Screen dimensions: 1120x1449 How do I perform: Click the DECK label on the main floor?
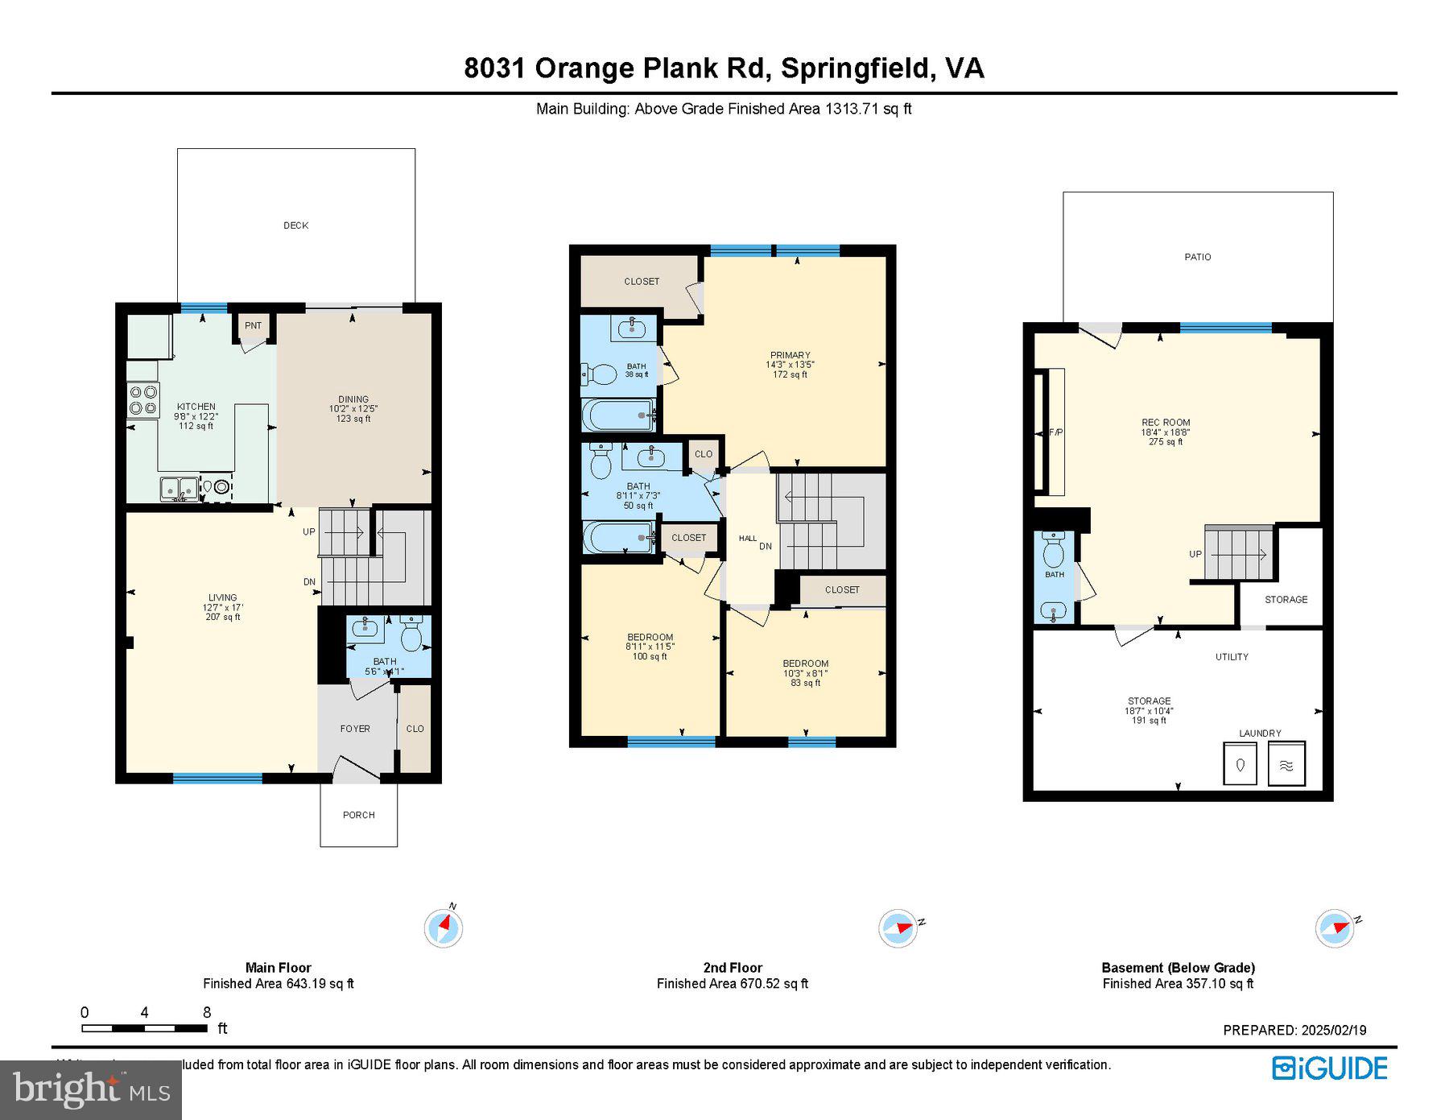coord(295,225)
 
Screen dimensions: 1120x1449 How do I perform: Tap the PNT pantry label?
coord(253,325)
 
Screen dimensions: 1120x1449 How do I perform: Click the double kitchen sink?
coord(179,488)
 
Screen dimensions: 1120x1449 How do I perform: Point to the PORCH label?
coord(358,815)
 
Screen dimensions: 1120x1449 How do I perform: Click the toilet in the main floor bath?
coord(411,634)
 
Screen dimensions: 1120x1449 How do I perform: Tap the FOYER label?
coord(355,729)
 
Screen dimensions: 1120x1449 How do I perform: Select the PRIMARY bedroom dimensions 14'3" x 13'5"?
coord(790,365)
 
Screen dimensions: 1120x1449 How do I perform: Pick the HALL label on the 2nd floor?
coord(747,538)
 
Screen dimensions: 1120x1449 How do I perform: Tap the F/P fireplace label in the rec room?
coord(1055,432)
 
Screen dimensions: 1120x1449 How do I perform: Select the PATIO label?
coord(1197,257)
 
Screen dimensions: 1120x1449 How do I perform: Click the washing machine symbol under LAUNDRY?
coord(1240,764)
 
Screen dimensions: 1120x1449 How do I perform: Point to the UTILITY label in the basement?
coord(1232,657)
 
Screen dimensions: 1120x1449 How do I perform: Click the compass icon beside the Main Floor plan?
coord(443,928)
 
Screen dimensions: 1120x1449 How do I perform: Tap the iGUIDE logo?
coord(1330,1068)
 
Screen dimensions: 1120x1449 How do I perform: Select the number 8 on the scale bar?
coord(207,1013)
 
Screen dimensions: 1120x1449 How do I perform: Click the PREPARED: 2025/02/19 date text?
coord(1294,1030)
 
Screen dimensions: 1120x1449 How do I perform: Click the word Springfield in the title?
coord(855,68)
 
